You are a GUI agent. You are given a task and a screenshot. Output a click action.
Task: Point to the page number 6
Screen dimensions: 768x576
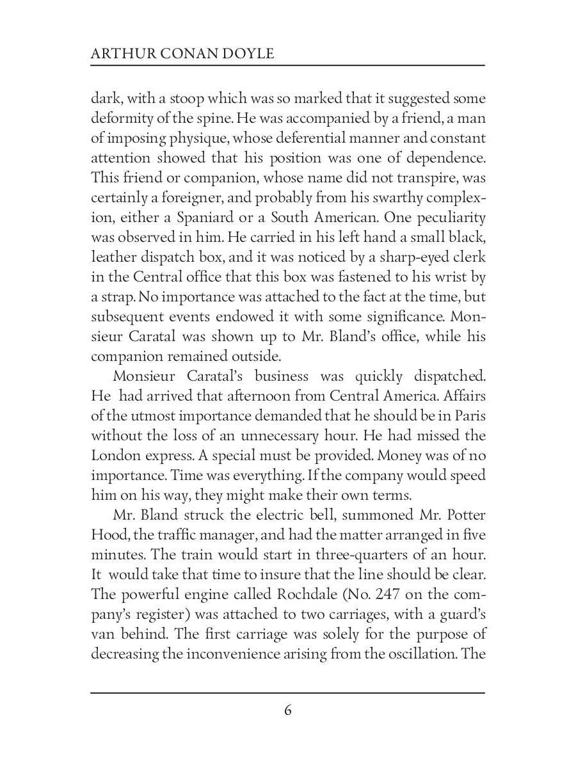pos(288,710)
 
